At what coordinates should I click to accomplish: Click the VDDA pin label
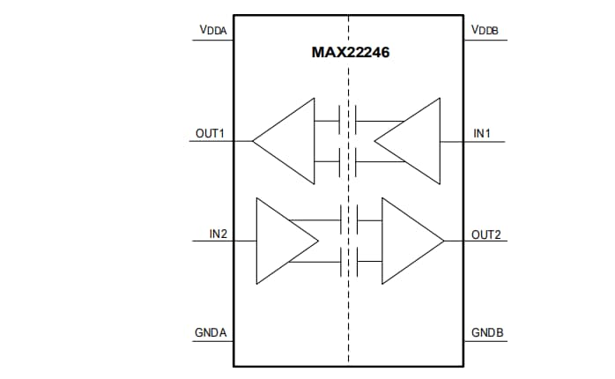click(x=211, y=30)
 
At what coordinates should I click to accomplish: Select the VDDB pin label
click(x=485, y=30)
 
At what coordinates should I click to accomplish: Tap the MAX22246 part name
click(x=351, y=53)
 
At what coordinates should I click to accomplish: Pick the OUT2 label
click(x=485, y=234)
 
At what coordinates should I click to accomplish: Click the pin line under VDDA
click(x=211, y=39)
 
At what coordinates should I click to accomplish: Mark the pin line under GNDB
click(x=485, y=342)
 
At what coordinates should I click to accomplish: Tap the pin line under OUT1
click(x=211, y=141)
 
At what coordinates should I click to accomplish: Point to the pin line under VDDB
click(x=485, y=39)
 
